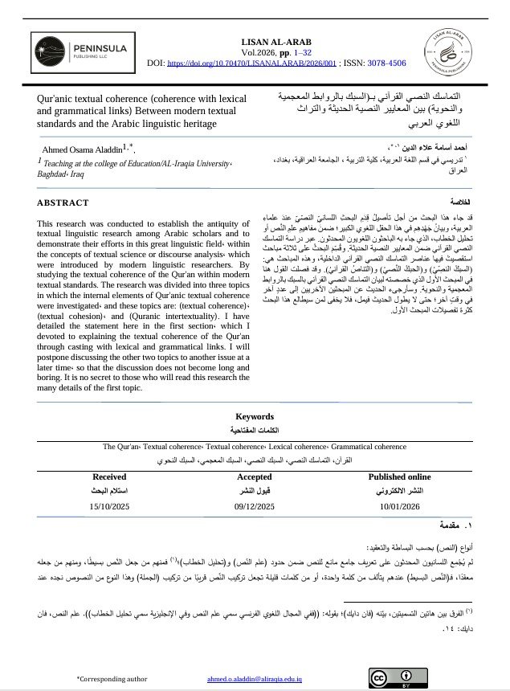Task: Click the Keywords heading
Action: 254,416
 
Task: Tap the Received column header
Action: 109,476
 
